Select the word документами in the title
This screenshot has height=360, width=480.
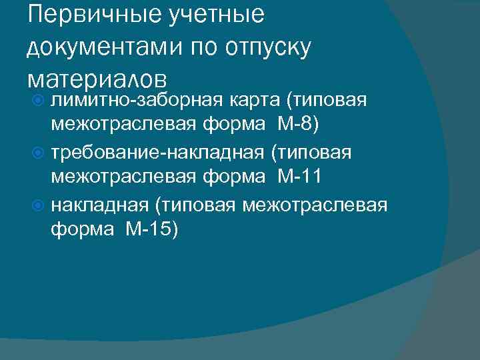coord(107,49)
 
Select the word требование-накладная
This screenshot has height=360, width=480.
coord(158,153)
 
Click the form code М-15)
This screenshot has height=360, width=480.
coord(151,229)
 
